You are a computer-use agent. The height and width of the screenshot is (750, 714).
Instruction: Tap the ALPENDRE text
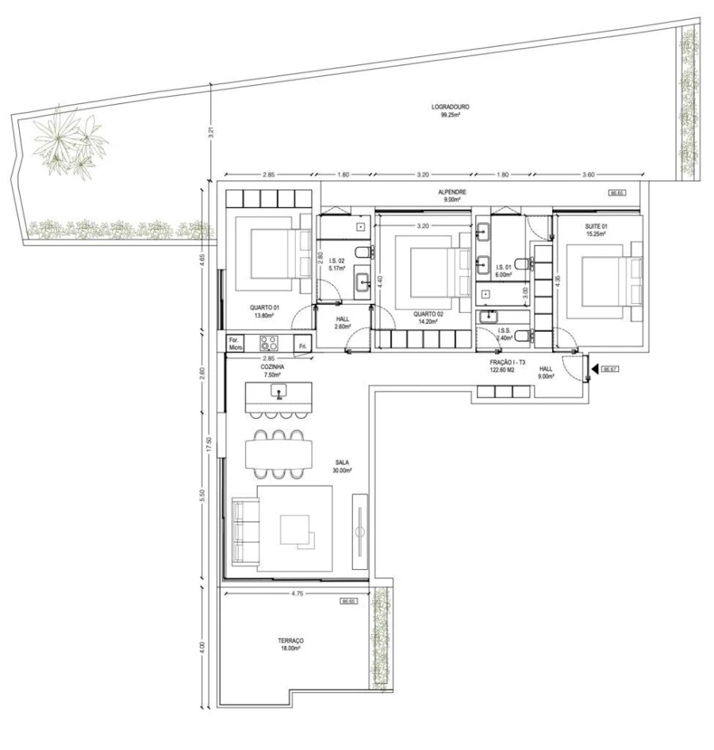click(x=453, y=192)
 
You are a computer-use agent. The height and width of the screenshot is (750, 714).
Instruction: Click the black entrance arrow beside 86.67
click(x=593, y=369)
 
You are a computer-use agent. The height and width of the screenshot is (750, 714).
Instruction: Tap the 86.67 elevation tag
click(x=610, y=369)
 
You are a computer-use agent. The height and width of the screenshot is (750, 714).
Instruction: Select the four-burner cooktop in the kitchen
click(x=269, y=344)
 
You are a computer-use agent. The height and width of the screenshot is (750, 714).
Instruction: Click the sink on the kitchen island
click(x=279, y=391)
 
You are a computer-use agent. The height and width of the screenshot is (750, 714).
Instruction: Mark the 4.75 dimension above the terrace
click(x=294, y=592)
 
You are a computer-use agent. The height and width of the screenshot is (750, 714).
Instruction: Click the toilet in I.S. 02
click(x=361, y=252)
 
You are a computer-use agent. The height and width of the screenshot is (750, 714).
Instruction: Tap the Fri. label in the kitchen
click(x=303, y=344)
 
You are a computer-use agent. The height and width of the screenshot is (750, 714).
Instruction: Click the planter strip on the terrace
click(x=380, y=638)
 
